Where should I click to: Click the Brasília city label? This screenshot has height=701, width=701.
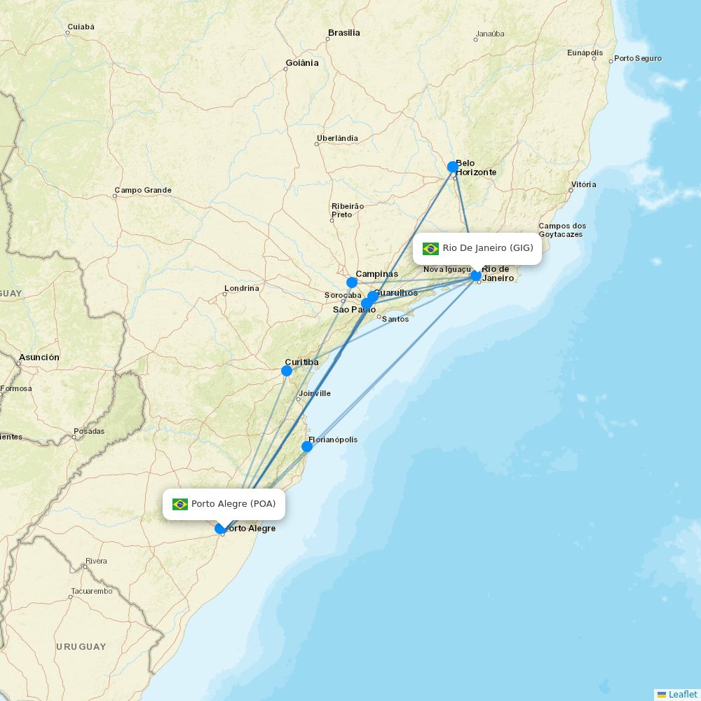tap(343, 33)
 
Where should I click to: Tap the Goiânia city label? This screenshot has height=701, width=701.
tap(301, 63)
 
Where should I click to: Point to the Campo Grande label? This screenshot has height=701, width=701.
tap(143, 190)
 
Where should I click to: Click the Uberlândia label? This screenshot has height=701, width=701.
tap(337, 138)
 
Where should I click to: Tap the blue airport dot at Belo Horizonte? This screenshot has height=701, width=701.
tap(453, 167)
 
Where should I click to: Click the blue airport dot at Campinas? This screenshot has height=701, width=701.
tap(352, 283)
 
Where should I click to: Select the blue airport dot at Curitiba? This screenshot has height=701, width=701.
tap(287, 370)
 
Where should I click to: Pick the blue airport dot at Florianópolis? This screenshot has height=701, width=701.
tap(307, 447)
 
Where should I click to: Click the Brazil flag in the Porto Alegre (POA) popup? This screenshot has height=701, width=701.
tap(180, 504)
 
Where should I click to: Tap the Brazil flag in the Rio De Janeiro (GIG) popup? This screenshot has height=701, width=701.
tap(430, 248)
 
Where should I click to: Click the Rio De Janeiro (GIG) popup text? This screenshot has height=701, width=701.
tap(488, 248)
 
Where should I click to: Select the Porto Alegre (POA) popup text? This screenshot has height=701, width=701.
tap(233, 504)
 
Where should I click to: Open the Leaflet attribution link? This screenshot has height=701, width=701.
tap(682, 694)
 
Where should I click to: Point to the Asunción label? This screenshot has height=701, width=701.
tap(39, 358)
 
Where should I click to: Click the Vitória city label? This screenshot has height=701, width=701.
tap(583, 184)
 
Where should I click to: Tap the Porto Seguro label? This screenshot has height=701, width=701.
tap(637, 58)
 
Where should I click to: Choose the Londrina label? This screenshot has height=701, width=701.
tap(241, 288)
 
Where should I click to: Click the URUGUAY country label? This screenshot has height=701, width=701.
tap(81, 646)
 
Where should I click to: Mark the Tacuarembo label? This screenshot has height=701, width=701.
tap(92, 591)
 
